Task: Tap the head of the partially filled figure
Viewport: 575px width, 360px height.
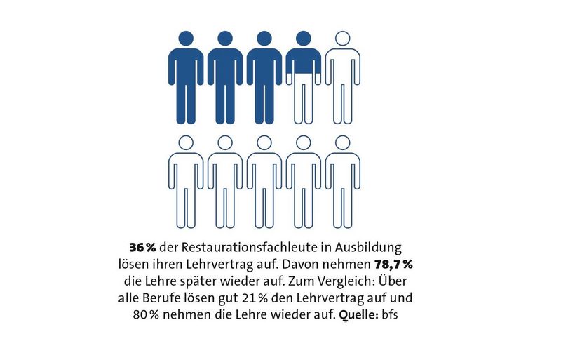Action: coord(304,39)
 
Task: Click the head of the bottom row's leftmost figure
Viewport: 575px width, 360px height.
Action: coord(186,142)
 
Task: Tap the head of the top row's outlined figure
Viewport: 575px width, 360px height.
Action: coord(343,39)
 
